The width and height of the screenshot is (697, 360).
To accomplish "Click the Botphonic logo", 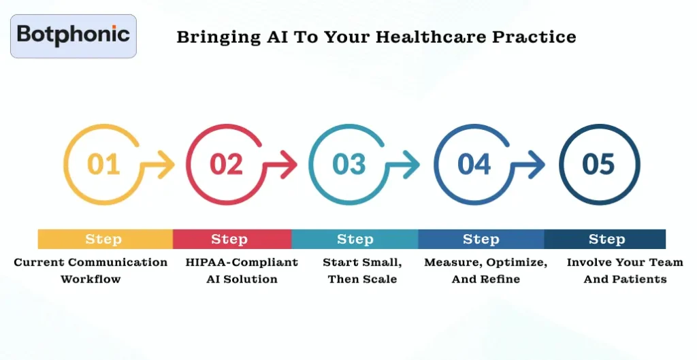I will pyautogui.click(x=74, y=35).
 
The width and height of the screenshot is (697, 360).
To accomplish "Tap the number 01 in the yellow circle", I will pyautogui.click(x=104, y=164).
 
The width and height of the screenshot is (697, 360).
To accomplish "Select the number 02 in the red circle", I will pyautogui.click(x=227, y=164).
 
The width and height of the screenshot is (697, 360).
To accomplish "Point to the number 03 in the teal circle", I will pyautogui.click(x=349, y=164).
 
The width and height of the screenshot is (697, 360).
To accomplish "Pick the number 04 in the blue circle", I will pyautogui.click(x=474, y=164).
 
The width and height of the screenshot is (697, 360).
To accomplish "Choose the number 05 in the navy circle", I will pyautogui.click(x=599, y=164).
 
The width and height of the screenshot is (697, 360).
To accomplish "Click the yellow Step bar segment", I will pyautogui.click(x=104, y=240).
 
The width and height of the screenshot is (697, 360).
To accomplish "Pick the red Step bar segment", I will pyautogui.click(x=230, y=240).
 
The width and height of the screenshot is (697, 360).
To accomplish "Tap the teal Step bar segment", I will pyautogui.click(x=355, y=240).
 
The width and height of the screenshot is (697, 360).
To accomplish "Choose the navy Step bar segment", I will pyautogui.click(x=606, y=240).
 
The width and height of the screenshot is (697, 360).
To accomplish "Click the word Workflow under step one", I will pyautogui.click(x=91, y=279).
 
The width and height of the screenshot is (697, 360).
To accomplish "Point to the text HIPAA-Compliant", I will pyautogui.click(x=242, y=262).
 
